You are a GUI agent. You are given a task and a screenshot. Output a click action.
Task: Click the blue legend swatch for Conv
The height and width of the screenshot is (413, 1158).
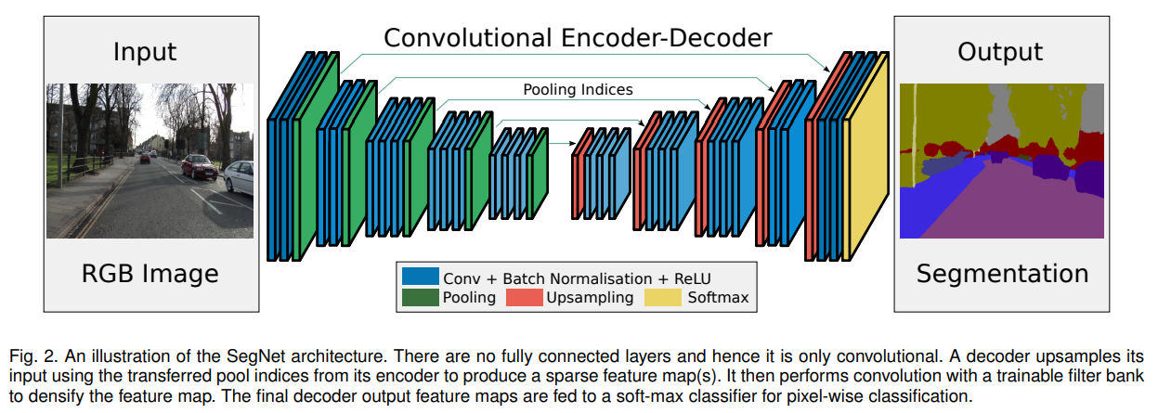[421, 276]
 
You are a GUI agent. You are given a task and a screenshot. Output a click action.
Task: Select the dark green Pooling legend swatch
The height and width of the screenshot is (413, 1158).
[421, 297]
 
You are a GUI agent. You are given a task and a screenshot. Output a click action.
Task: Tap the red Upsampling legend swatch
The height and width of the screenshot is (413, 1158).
[524, 297]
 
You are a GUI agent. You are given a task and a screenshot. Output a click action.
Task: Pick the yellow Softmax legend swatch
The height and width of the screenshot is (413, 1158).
[663, 297]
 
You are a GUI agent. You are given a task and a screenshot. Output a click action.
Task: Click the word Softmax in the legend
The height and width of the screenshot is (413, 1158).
[718, 297]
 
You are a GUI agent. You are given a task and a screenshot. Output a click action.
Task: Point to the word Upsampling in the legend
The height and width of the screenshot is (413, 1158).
[590, 298]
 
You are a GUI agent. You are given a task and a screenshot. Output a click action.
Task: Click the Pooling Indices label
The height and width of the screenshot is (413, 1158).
[578, 89]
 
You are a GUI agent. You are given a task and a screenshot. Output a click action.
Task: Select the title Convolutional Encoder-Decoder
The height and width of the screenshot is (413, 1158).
[578, 38]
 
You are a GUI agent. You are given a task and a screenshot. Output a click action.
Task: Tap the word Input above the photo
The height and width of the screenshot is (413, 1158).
[145, 52]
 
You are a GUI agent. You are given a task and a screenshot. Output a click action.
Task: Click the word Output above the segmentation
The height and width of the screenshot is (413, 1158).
[1000, 52]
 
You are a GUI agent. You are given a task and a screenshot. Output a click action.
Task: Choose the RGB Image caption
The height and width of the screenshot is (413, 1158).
[150, 274]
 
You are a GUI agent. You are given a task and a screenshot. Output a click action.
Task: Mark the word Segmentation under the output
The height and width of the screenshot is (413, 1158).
[1002, 274]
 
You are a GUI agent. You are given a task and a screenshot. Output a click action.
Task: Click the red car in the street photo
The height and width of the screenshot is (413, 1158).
[199, 166]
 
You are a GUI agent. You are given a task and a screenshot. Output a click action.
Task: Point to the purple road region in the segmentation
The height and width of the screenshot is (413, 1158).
[1013, 207]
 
